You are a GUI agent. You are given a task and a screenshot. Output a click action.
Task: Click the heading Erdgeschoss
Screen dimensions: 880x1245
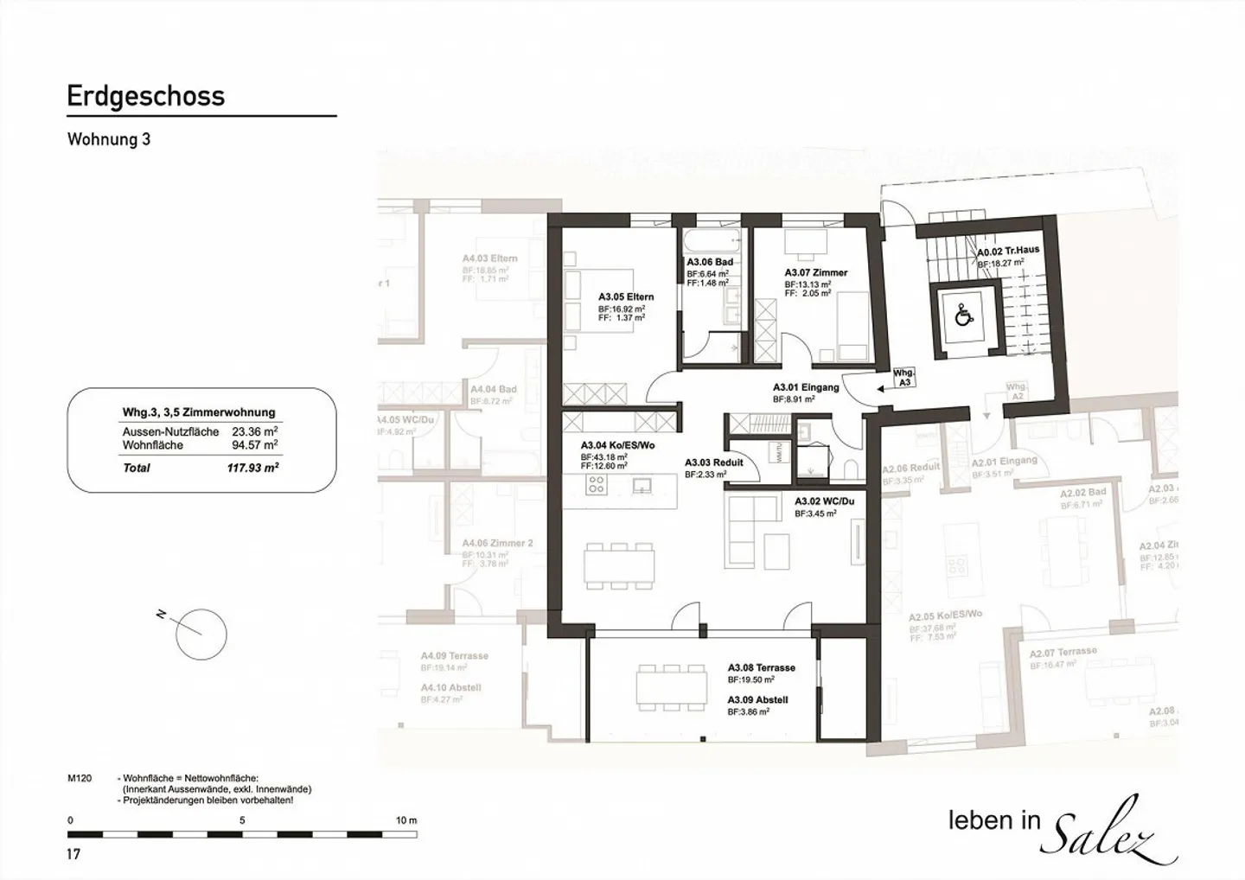click(x=145, y=96)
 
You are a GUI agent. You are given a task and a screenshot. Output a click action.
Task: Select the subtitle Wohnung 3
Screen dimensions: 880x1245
click(x=109, y=139)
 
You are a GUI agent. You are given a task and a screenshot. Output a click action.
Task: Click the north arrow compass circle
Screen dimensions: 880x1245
click(x=201, y=634)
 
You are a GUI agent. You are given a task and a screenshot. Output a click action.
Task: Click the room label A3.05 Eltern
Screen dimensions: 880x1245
click(x=626, y=297)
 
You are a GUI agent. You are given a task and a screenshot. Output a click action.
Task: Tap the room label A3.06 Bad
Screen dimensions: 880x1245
click(x=710, y=262)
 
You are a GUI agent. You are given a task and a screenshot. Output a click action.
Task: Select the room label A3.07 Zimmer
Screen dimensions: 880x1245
click(x=815, y=272)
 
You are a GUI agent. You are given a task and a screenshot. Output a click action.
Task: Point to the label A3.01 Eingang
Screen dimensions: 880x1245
click(x=805, y=387)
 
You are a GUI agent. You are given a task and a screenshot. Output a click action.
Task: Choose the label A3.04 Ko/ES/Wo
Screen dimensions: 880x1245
click(x=617, y=446)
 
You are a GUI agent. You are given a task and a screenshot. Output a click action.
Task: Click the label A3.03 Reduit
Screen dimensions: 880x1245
click(x=713, y=462)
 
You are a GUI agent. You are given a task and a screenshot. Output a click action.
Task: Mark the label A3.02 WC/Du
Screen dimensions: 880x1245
click(x=824, y=501)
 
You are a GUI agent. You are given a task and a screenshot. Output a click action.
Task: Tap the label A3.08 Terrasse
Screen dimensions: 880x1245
click(x=761, y=667)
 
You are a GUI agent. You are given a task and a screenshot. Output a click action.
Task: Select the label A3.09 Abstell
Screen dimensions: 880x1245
click(x=757, y=700)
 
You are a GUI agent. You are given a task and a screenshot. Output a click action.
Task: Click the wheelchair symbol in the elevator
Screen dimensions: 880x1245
click(x=962, y=318)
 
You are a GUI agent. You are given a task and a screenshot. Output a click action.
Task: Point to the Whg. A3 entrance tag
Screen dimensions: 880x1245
click(x=903, y=377)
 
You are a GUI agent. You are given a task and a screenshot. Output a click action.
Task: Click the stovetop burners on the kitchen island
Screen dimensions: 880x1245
click(x=596, y=485)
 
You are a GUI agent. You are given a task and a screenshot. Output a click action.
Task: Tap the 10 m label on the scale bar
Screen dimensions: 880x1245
click(x=405, y=820)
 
